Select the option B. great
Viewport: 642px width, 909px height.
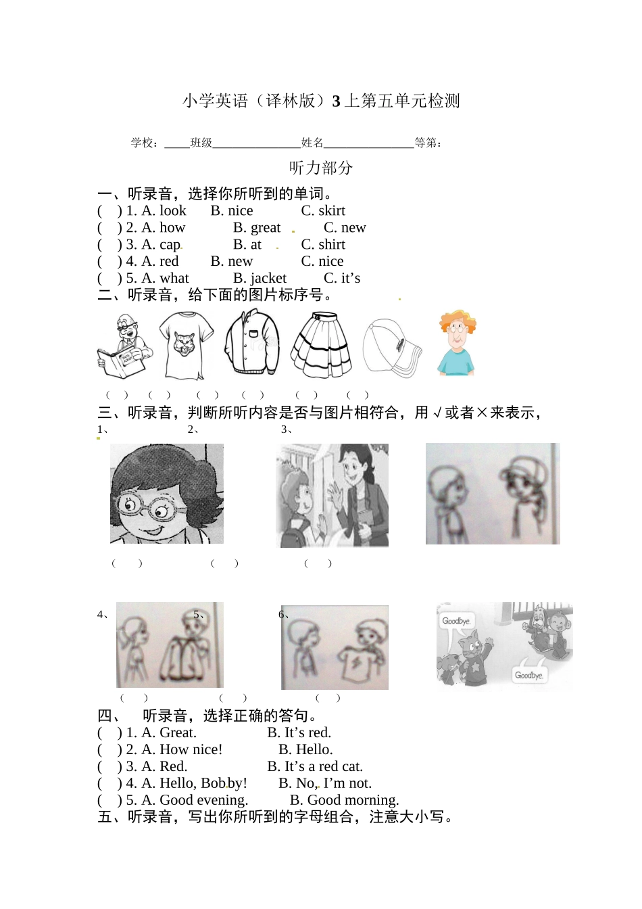click(x=257, y=228)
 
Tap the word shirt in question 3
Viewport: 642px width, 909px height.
click(x=331, y=245)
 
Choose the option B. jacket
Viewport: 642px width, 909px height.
click(x=260, y=279)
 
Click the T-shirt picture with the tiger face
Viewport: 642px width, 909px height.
click(x=186, y=345)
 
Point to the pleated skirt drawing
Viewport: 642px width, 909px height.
click(x=321, y=345)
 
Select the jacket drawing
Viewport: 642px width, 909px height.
click(x=251, y=343)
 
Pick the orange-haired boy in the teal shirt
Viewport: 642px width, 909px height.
click(x=457, y=344)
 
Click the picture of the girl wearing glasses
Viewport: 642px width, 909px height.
click(x=166, y=494)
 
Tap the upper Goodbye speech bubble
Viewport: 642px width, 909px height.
click(x=456, y=621)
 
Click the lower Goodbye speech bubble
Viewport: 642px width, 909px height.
click(x=528, y=675)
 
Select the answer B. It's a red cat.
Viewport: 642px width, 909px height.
click(x=315, y=767)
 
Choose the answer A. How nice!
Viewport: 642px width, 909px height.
click(x=174, y=750)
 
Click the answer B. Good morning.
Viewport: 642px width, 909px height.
click(x=344, y=801)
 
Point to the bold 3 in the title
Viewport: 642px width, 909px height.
click(x=336, y=101)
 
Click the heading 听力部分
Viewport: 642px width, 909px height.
click(x=321, y=168)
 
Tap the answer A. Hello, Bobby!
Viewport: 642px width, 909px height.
click(x=187, y=784)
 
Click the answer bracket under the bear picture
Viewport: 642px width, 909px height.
click(x=117, y=395)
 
